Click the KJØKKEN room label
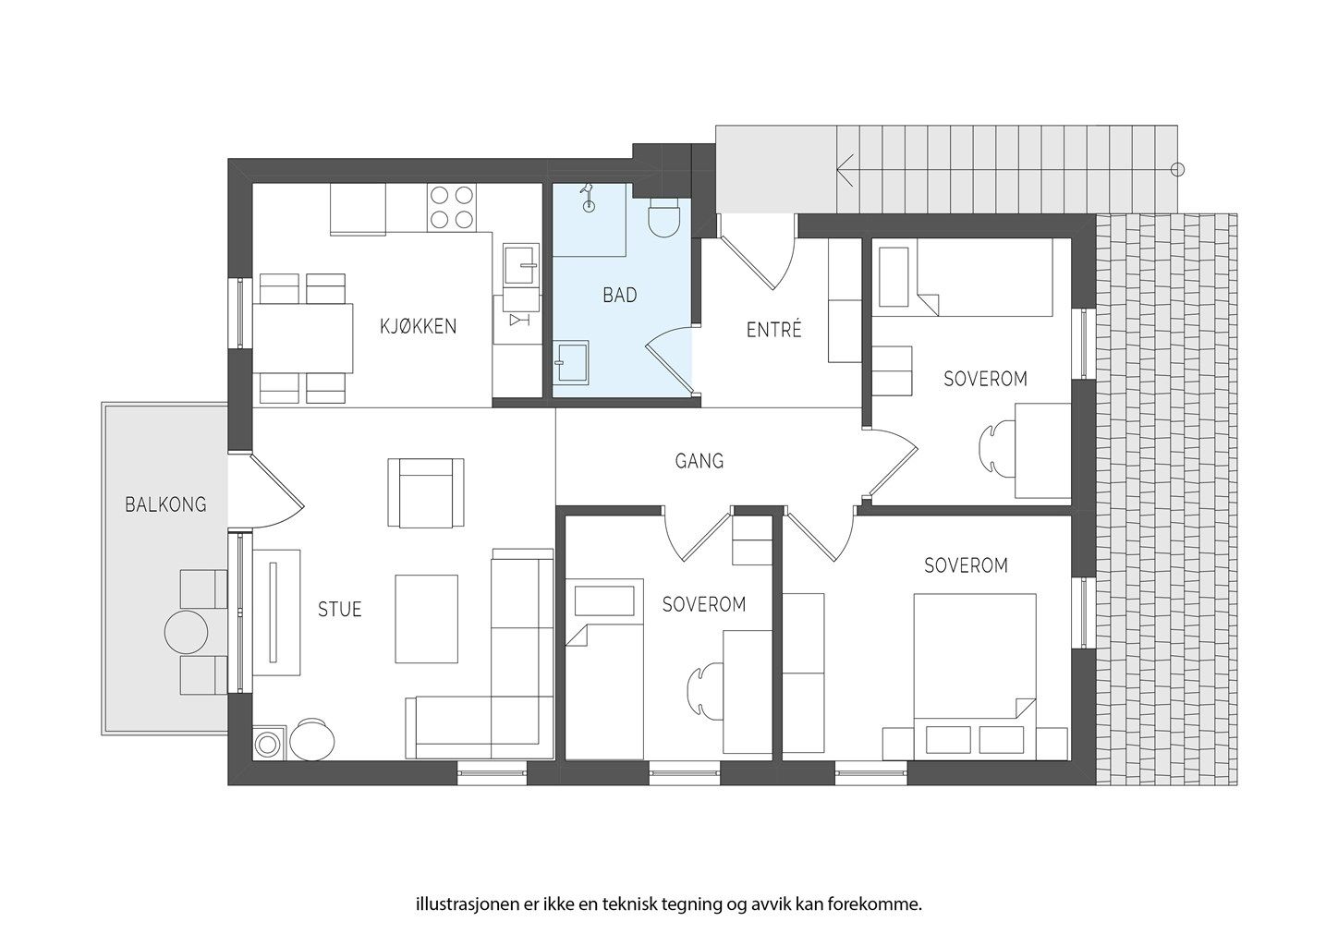[418, 326]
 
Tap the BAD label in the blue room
[619, 295]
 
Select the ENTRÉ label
[773, 329]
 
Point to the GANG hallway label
[699, 460]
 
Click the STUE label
[339, 609]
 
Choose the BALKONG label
[165, 504]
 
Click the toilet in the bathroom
[664, 218]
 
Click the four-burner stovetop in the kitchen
[452, 207]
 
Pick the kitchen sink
[521, 263]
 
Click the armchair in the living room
[426, 492]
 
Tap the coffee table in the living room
[427, 619]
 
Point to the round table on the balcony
[186, 632]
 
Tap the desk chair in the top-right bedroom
[996, 450]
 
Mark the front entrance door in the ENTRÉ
[757, 256]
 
